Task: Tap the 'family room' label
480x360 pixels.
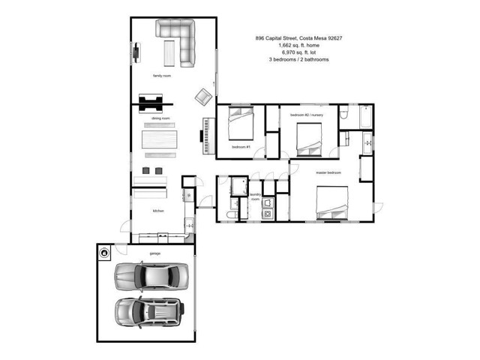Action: coord(162,76)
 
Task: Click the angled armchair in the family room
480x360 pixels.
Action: coord(203,97)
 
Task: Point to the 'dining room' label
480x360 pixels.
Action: coord(160,118)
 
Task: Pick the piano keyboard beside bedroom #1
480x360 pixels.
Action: coord(205,135)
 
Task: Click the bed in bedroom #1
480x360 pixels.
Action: coord(241,124)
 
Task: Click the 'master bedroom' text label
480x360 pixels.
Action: coord(328,172)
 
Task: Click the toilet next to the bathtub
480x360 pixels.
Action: coord(343,113)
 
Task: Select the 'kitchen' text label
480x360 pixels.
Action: coord(158,211)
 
